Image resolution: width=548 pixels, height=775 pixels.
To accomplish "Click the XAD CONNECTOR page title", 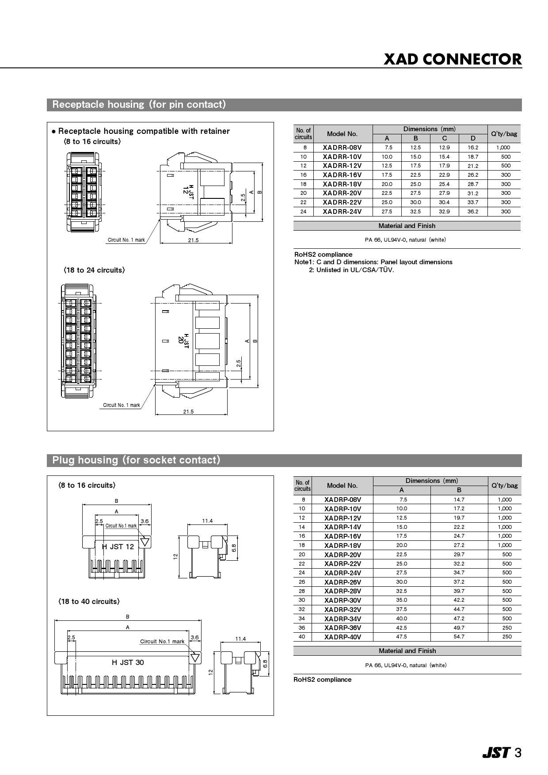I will tap(453, 59).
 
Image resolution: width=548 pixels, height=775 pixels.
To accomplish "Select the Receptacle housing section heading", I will tap(139, 105).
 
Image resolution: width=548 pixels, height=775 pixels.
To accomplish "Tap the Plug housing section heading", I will tap(136, 460).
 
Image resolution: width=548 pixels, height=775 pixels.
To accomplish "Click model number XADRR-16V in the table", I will tap(342, 175).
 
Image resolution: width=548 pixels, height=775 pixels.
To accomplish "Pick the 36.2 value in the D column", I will tap(473, 212).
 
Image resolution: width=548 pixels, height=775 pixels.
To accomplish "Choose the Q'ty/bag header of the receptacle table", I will tap(504, 133).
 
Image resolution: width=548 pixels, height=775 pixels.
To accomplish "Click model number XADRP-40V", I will tap(342, 637).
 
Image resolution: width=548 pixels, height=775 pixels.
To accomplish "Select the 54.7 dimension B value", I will tap(459, 637).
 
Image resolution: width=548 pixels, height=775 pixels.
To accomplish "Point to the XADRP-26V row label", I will tap(342, 582).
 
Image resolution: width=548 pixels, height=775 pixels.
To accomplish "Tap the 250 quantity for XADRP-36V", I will tap(507, 627).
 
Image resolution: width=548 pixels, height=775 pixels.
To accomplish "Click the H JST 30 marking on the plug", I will tap(128, 662).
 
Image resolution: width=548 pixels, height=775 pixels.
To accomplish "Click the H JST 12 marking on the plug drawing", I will tap(118, 547).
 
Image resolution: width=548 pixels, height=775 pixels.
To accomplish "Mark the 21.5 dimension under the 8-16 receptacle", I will tap(193, 240).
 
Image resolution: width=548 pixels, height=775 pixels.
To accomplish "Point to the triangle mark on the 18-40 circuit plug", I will tap(196, 658).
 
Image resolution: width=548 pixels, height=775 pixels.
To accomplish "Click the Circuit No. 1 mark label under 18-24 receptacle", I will tap(122, 405).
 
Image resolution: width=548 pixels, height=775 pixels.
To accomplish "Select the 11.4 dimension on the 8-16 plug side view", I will tap(207, 521).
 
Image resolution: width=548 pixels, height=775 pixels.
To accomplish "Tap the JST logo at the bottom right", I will tap(496, 753).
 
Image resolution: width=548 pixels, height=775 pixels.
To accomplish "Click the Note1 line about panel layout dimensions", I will tap(373, 262).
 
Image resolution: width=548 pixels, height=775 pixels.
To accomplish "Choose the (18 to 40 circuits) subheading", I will tap(88, 602).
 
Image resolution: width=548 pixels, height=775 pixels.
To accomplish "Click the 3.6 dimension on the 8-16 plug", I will tap(145, 521).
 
